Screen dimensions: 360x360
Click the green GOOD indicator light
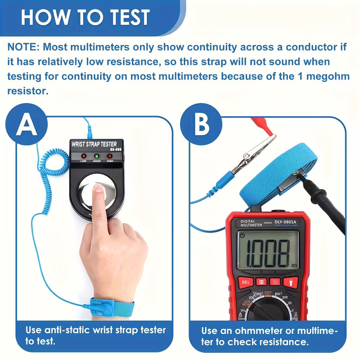[x=96, y=156]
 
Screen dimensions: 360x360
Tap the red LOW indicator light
[x=83, y=156]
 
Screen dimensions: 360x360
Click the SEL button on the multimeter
[x=246, y=282]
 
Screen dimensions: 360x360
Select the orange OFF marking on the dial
[x=269, y=293]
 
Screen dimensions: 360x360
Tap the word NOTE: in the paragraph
[x=23, y=47]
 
